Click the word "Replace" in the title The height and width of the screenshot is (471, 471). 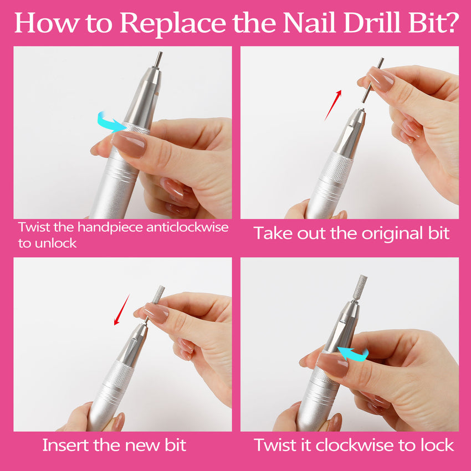[173, 23]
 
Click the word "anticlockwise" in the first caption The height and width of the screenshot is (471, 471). [187, 227]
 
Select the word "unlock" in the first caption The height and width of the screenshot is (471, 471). [55, 243]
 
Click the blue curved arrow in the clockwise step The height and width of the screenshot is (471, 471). [355, 354]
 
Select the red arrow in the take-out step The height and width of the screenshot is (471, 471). [333, 105]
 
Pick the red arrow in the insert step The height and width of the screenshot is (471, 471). [122, 310]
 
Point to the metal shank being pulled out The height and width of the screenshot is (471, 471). [372, 80]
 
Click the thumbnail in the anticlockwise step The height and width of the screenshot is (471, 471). [130, 144]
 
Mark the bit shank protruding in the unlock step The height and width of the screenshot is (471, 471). [157, 60]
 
